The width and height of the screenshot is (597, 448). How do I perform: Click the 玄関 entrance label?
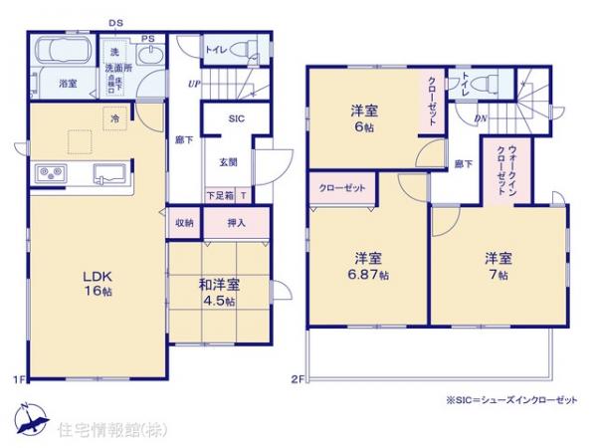[x=228, y=160]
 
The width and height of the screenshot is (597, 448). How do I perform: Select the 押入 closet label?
[x=236, y=224]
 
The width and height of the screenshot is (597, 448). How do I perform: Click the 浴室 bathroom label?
[x=68, y=84]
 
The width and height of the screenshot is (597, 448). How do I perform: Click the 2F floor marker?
[x=296, y=378]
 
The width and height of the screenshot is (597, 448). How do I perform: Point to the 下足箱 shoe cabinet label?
[x=220, y=195]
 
